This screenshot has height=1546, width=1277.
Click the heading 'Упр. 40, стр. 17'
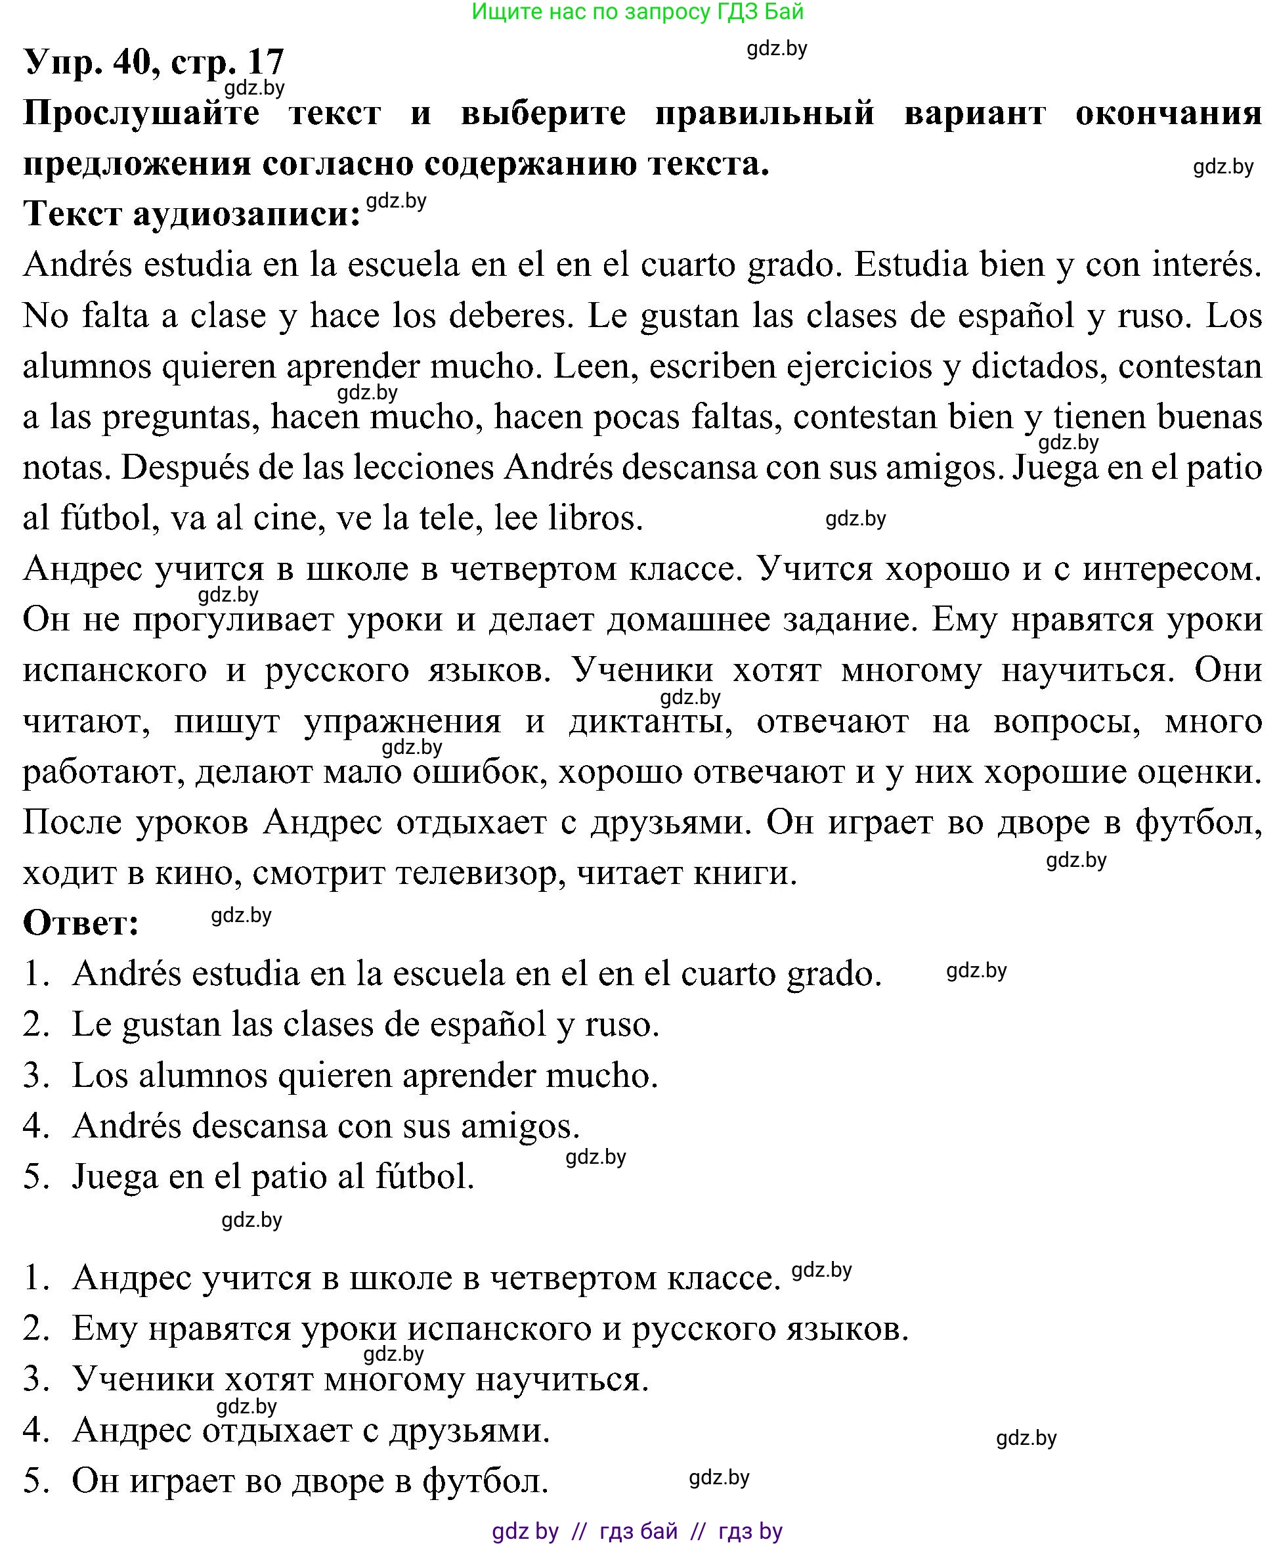point(154,62)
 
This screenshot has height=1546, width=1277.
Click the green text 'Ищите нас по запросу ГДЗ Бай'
point(637,12)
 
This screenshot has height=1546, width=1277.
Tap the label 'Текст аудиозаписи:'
point(192,214)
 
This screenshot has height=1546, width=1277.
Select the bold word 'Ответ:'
point(81,923)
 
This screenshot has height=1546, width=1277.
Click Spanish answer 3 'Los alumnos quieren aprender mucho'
point(364,1076)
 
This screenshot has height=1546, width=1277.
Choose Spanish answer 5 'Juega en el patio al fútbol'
point(272,1178)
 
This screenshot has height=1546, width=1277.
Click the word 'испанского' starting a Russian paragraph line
point(115,671)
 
